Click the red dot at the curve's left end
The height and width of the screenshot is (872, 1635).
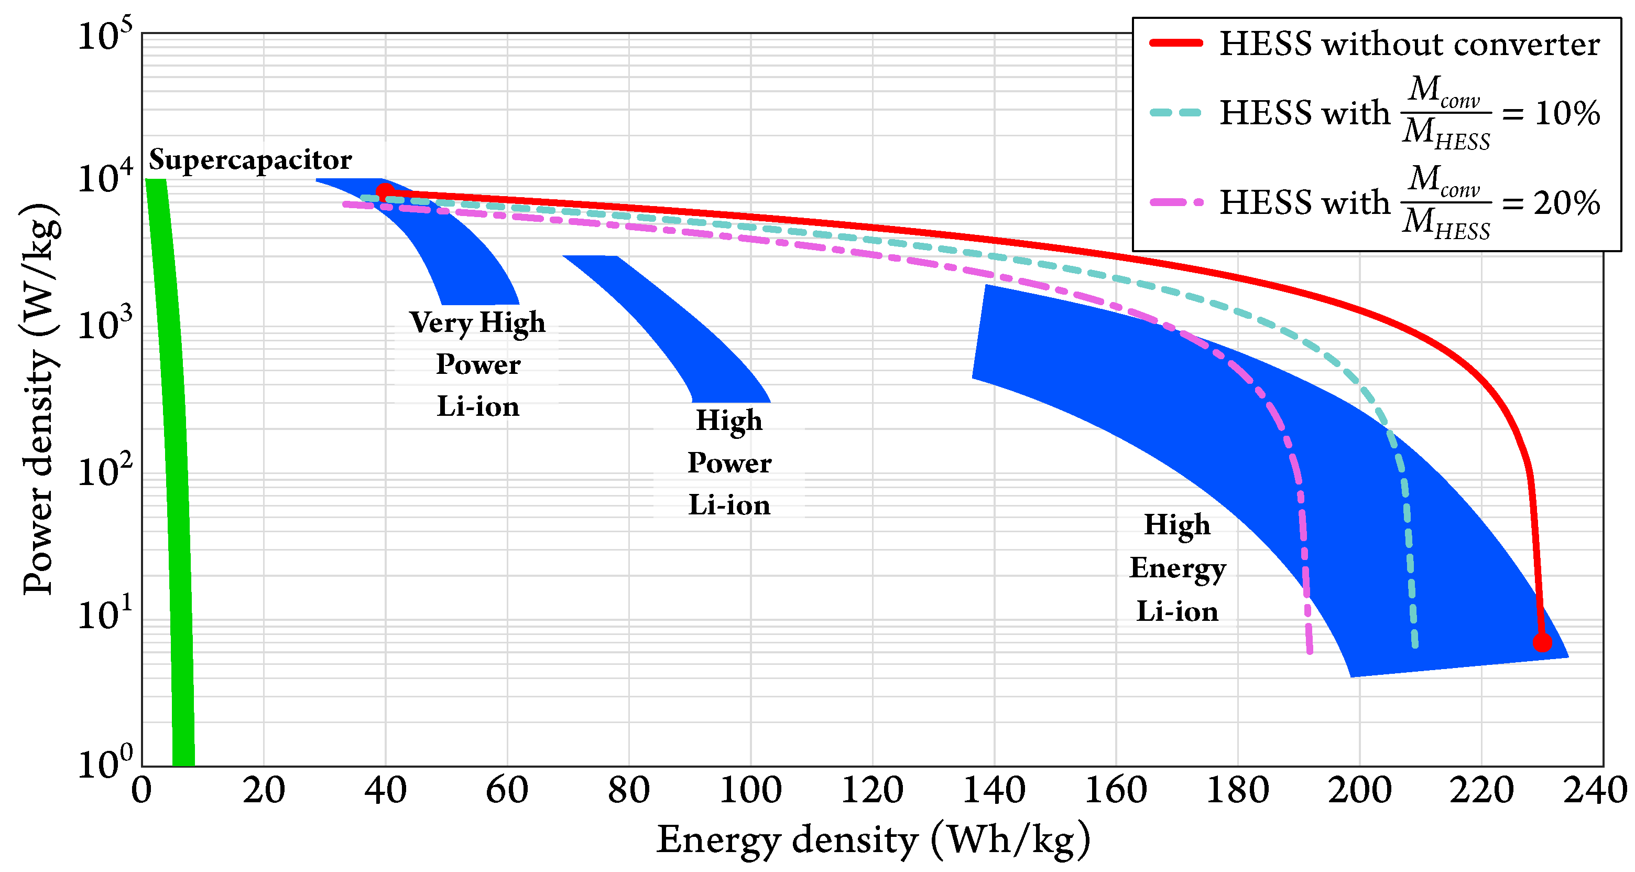point(385,191)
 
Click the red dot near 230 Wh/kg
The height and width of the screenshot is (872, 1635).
point(1542,642)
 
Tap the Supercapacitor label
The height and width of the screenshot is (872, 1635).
point(250,159)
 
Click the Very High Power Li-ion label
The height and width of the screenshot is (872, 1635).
point(477,364)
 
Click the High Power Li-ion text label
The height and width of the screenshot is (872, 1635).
point(729,462)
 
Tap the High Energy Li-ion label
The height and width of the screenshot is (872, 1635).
point(1178,567)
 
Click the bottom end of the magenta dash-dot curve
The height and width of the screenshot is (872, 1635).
point(1310,650)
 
